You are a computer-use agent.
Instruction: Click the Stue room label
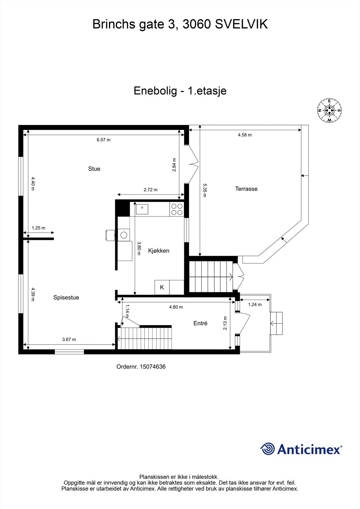(94, 169)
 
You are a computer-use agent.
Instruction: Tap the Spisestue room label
(66, 298)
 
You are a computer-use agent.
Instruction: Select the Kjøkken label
(159, 251)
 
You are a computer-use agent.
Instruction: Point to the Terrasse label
(246, 189)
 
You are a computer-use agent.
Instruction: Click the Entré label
(200, 323)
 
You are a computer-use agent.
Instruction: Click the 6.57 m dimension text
(103, 140)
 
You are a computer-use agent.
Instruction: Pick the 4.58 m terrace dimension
(245, 135)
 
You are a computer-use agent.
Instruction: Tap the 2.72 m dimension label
(151, 190)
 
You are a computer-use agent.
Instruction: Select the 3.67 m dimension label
(69, 339)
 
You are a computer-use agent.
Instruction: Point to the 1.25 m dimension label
(39, 228)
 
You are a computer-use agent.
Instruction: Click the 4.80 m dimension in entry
(176, 307)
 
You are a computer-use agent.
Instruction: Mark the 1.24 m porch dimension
(255, 304)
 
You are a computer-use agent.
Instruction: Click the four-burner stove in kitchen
(177, 209)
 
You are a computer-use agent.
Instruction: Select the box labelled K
(162, 287)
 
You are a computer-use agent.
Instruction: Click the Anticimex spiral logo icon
(267, 449)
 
